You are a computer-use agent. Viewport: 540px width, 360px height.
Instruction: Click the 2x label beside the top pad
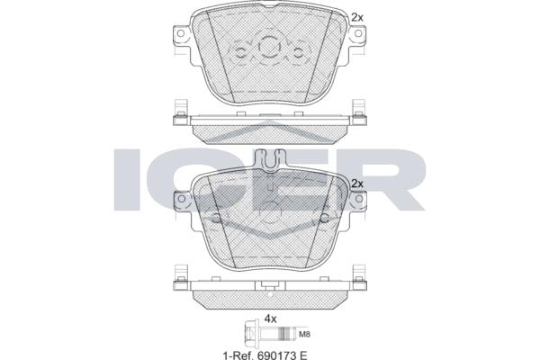tap(357, 17)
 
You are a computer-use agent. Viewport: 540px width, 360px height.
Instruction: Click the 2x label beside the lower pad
tap(357, 184)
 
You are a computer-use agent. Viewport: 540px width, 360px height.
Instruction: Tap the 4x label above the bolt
tap(270, 319)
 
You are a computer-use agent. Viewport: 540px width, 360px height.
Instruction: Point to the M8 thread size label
tap(305, 334)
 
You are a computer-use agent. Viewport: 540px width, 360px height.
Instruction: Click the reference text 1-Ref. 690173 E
tap(265, 355)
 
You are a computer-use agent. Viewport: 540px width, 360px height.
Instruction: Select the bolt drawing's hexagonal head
tap(251, 334)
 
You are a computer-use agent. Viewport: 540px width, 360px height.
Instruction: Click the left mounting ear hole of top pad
tap(180, 33)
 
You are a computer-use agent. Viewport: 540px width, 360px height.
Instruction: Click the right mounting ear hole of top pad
tap(358, 33)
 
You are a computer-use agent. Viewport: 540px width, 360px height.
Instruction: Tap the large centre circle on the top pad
tap(269, 46)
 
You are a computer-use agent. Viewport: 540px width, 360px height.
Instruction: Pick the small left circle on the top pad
tap(240, 53)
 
